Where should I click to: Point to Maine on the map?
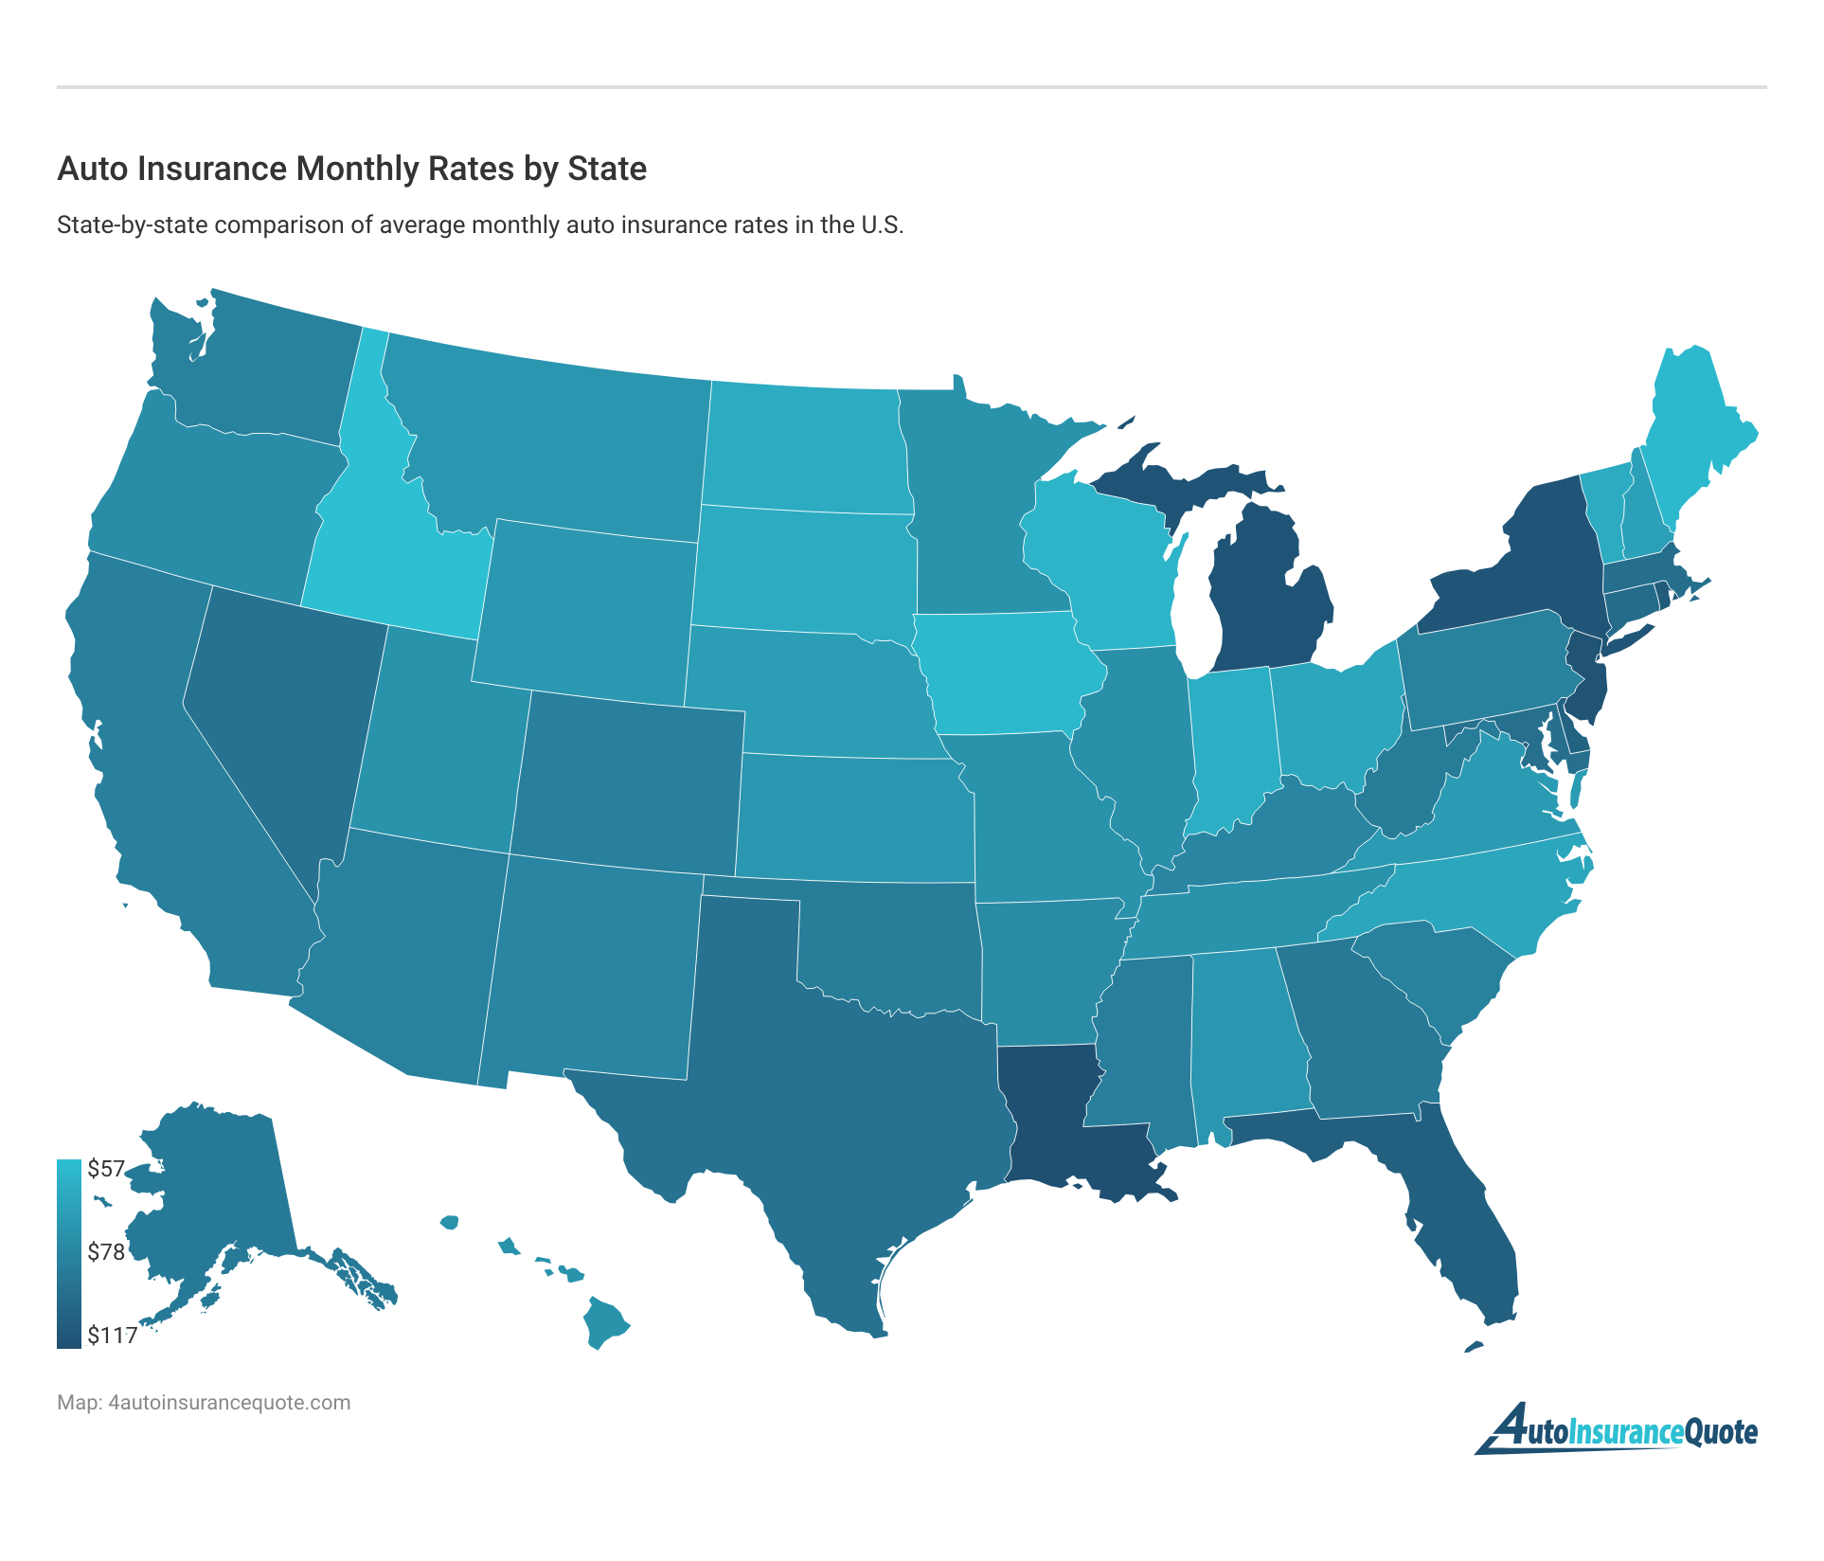1695,426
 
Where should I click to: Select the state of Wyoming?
587,606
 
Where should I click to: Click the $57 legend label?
106,1169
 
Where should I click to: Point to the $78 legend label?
106,1252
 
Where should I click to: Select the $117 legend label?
113,1336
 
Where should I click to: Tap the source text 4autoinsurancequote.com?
229,1403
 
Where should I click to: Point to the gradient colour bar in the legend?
69,1252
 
